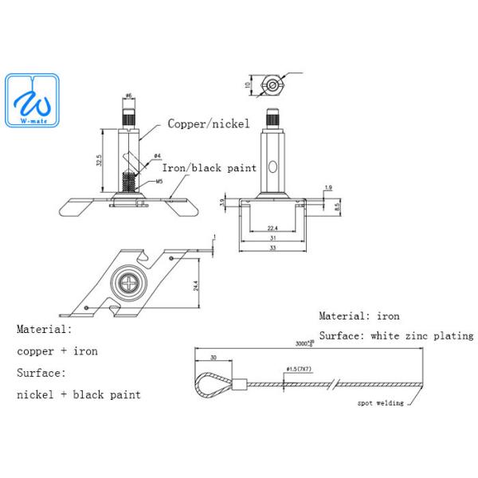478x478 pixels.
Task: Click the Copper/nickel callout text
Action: pyautogui.click(x=209, y=123)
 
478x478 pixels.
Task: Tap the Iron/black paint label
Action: pyautogui.click(x=210, y=168)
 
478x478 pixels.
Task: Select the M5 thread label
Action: pyautogui.click(x=159, y=182)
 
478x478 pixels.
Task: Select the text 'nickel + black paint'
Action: pyautogui.click(x=78, y=394)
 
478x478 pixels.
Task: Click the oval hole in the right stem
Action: pyautogui.click(x=272, y=167)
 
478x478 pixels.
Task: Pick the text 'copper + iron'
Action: pyautogui.click(x=57, y=351)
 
